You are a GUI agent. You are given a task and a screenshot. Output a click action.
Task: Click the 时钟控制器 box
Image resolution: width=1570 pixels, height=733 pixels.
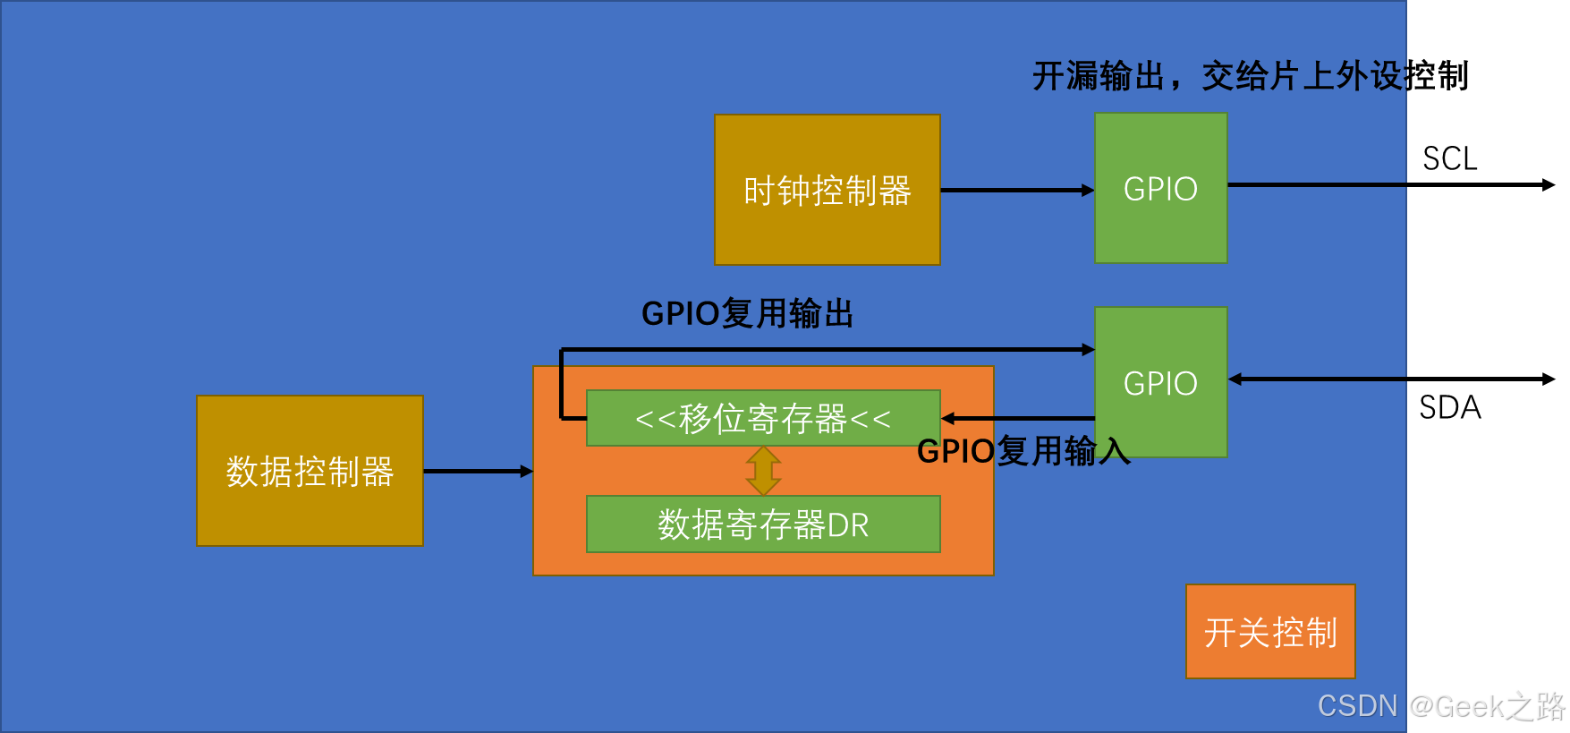point(827,190)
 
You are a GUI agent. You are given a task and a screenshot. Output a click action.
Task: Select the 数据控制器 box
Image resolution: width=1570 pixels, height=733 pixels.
point(310,471)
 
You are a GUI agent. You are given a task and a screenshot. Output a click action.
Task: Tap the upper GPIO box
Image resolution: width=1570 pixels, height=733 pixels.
point(1160,188)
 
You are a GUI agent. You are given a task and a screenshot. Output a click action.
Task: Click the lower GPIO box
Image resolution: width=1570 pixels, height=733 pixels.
point(1160,382)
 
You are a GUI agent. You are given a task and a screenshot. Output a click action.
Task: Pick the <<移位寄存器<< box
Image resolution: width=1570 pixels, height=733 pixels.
point(762,418)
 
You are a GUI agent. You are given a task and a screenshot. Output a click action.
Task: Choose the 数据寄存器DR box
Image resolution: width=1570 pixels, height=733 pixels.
point(762,524)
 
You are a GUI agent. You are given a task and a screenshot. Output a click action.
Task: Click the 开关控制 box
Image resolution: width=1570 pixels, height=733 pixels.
point(1269,632)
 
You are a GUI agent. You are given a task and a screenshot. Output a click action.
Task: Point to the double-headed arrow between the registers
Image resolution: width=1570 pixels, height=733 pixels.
point(763,471)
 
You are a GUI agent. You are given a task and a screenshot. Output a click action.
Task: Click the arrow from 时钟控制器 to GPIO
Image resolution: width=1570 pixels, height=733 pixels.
point(1016,190)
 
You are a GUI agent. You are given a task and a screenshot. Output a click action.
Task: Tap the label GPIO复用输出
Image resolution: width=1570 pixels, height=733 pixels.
point(747,314)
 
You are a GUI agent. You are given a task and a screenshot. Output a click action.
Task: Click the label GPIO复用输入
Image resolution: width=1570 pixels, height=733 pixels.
point(1023,451)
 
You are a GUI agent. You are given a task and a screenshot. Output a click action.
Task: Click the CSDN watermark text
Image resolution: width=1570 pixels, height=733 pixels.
point(1357,706)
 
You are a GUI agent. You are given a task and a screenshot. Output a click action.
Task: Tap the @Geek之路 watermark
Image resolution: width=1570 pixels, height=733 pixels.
point(1486,706)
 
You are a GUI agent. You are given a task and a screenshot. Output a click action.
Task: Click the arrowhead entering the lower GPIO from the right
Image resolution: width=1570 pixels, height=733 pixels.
point(1235,379)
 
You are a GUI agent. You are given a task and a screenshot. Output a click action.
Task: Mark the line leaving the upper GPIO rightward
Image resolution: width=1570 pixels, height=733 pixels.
point(1316,185)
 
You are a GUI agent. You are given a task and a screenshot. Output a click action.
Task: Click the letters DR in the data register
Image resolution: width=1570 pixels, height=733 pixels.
point(848,525)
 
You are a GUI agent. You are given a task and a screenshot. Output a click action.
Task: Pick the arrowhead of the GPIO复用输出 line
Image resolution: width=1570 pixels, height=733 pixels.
point(1088,349)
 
